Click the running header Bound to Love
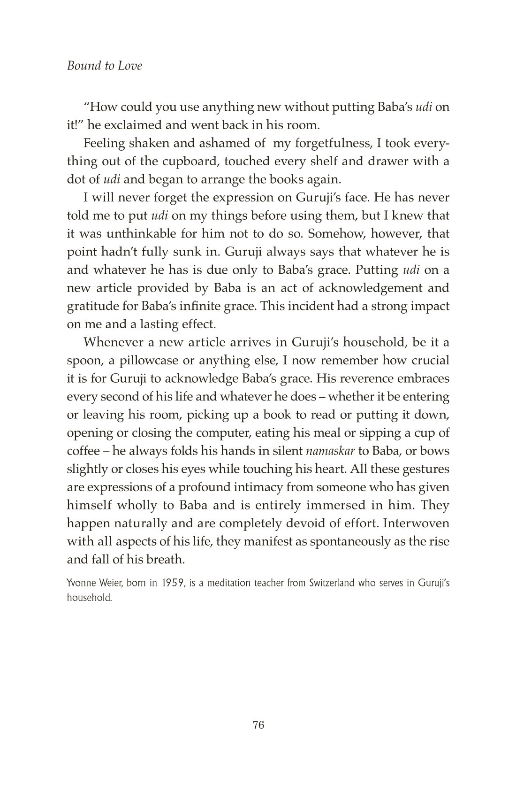click(x=104, y=66)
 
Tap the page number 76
click(x=258, y=724)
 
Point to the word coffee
click(x=83, y=451)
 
